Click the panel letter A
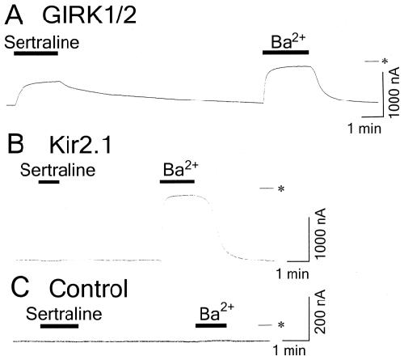tap(15, 15)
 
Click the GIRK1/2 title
tap(90, 15)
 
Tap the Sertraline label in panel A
tap(42, 42)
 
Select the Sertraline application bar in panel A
tap(36, 53)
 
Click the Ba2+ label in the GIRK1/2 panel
tap(288, 41)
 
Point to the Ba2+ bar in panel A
tap(285, 52)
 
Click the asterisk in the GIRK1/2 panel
tap(385, 61)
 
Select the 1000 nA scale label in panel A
tap(393, 92)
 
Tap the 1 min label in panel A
tap(365, 129)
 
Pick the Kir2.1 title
tap(80, 144)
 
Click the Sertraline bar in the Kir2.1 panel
tap(49, 182)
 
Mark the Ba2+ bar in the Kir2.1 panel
tap(177, 181)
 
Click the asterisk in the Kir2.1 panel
tap(281, 188)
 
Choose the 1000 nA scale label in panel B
tap(320, 233)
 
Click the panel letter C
tap(19, 288)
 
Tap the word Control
tap(89, 288)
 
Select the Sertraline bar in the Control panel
tap(60, 326)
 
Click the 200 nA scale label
tap(320, 311)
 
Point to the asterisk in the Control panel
tap(281, 325)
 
